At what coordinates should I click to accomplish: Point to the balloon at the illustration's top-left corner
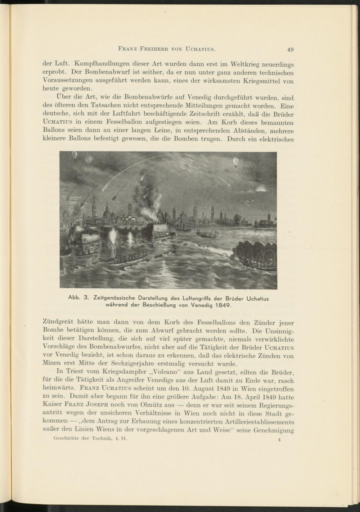(x=75, y=156)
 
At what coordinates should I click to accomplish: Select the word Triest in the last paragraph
(x=73, y=372)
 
